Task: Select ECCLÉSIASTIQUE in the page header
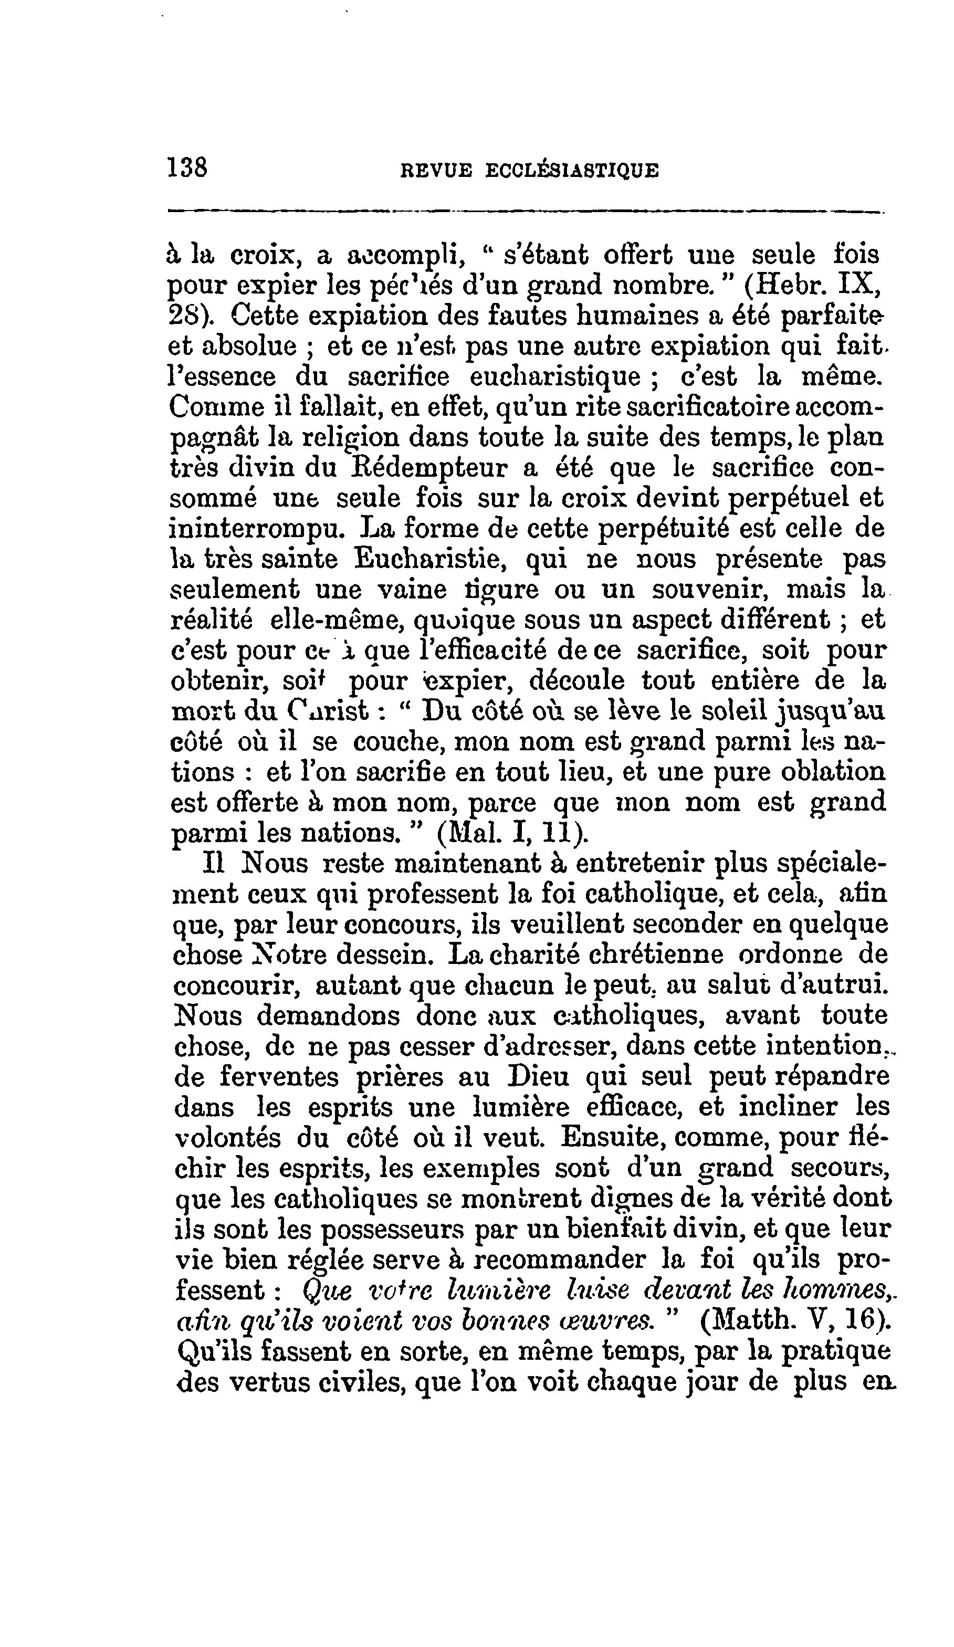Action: [x=572, y=171]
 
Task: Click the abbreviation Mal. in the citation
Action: [x=467, y=833]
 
